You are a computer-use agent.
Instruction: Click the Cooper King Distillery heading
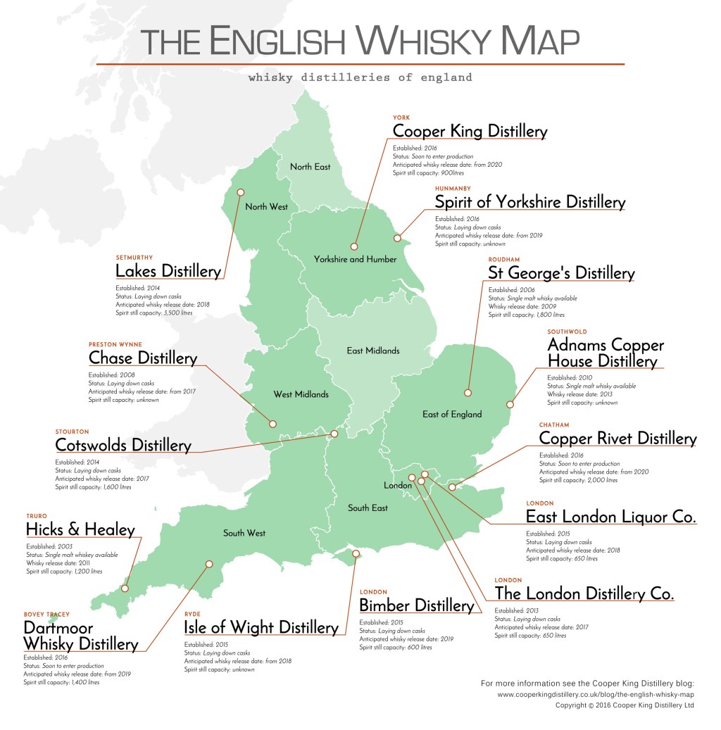(x=470, y=131)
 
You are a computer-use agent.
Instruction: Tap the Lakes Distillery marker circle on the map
(x=240, y=191)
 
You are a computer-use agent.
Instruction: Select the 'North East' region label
(x=311, y=167)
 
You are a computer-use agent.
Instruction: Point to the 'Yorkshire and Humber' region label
(x=356, y=259)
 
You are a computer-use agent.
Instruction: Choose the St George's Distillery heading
(x=561, y=272)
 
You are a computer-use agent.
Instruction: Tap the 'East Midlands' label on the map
(x=373, y=350)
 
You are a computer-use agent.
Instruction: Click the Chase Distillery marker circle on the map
(x=273, y=424)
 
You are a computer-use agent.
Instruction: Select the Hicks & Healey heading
(x=80, y=529)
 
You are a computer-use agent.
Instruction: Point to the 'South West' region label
(x=244, y=533)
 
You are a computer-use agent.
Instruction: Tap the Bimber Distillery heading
(x=416, y=605)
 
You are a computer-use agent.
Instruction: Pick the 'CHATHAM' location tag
(x=554, y=425)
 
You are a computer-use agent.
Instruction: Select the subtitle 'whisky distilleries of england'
(x=360, y=77)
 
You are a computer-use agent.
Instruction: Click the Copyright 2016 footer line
(x=625, y=705)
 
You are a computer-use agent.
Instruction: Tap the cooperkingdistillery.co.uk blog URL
(x=596, y=694)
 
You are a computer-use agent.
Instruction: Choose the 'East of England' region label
(x=452, y=414)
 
